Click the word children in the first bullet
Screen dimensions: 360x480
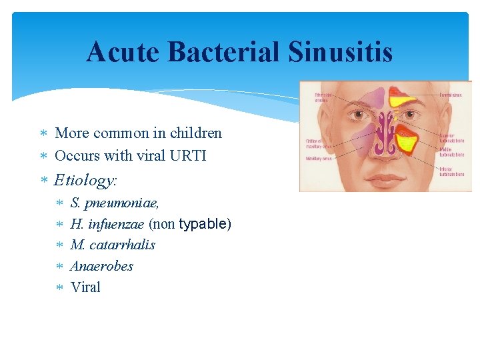pos(196,133)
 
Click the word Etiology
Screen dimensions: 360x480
pos(85,180)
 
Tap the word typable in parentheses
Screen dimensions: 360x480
pos(205,223)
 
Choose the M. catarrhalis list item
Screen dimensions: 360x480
pos(113,245)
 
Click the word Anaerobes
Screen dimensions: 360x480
pos(101,266)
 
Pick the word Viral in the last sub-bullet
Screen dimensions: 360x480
pos(85,287)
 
